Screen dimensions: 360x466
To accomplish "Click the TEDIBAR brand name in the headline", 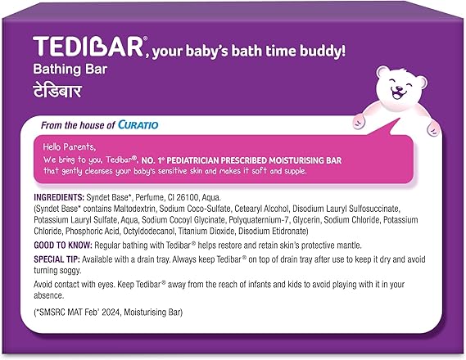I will pyautogui.click(x=89, y=47).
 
